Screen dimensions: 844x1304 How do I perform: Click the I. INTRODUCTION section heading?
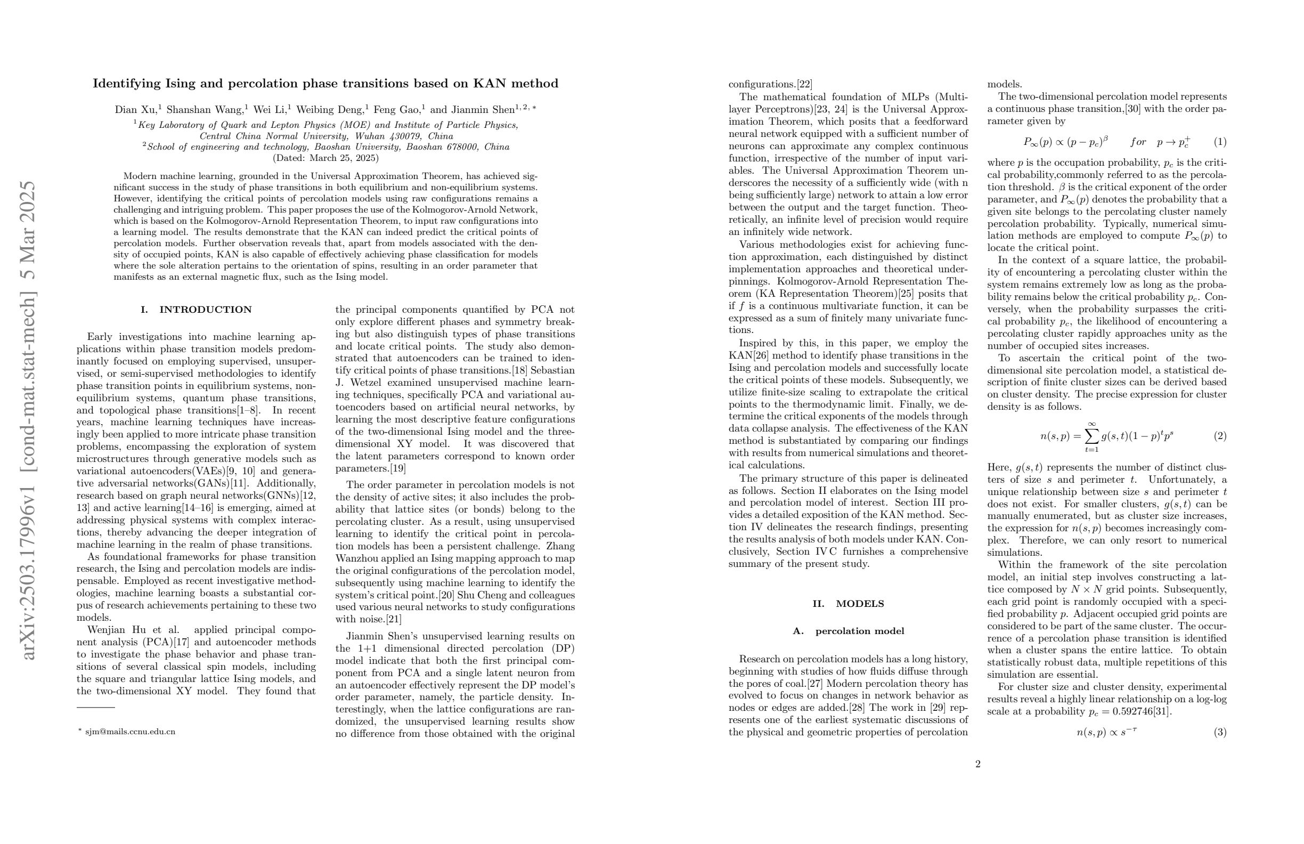coord(196,310)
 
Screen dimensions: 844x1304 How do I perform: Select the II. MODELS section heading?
coord(848,603)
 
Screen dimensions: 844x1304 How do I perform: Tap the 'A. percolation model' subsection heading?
coord(848,631)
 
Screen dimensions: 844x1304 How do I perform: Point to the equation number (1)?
coord(1220,142)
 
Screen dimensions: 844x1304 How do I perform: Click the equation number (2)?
coord(1220,436)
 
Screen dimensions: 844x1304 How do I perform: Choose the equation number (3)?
coord(1220,732)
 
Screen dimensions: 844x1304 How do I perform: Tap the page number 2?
coord(977,764)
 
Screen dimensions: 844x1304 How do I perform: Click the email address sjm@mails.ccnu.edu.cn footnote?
coord(130,732)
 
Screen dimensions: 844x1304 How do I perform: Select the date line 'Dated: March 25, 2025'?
coord(325,158)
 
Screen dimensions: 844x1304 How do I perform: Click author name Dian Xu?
coord(135,110)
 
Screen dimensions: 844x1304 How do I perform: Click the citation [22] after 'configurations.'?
coord(804,84)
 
